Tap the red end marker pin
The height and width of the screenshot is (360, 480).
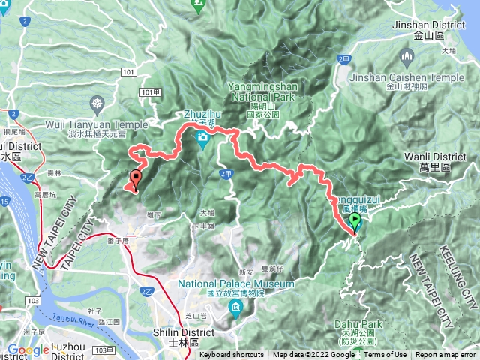point(136,178)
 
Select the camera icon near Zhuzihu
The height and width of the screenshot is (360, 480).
point(202,138)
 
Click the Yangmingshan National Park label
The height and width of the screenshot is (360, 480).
point(265,91)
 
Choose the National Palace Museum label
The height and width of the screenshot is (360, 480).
point(236,284)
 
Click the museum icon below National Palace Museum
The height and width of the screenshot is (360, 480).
point(237,307)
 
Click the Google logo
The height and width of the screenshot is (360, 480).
point(28,350)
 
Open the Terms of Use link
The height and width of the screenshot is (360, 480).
point(385,355)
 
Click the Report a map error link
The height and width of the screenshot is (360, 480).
point(445,355)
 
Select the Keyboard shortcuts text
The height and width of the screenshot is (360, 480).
point(232,355)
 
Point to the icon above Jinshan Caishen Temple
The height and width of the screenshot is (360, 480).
point(407,57)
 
